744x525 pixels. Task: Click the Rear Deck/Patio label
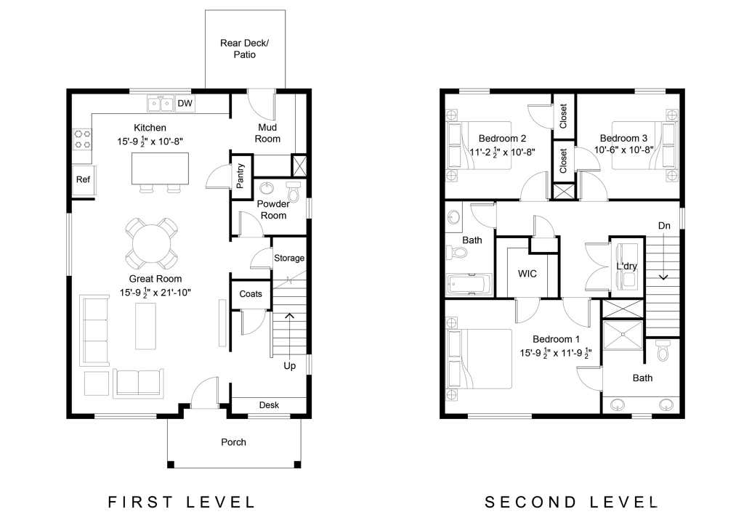point(244,49)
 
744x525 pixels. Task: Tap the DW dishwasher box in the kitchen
point(185,103)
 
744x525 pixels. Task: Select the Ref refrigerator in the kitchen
point(84,179)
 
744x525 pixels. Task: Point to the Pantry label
point(240,176)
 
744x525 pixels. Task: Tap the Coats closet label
point(251,294)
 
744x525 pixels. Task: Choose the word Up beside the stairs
point(289,366)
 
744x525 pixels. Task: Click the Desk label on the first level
point(269,405)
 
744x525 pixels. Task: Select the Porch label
point(233,442)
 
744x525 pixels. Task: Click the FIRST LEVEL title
point(182,502)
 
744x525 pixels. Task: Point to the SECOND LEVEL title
point(571,502)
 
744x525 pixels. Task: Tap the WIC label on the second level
point(527,274)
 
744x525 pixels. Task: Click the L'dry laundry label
point(626,266)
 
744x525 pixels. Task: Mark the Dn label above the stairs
point(664,226)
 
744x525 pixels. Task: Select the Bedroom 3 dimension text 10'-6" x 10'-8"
point(623,150)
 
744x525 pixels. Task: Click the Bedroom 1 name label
point(556,339)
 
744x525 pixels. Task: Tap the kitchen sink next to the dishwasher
point(161,103)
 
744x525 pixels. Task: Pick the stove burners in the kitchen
point(82,139)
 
